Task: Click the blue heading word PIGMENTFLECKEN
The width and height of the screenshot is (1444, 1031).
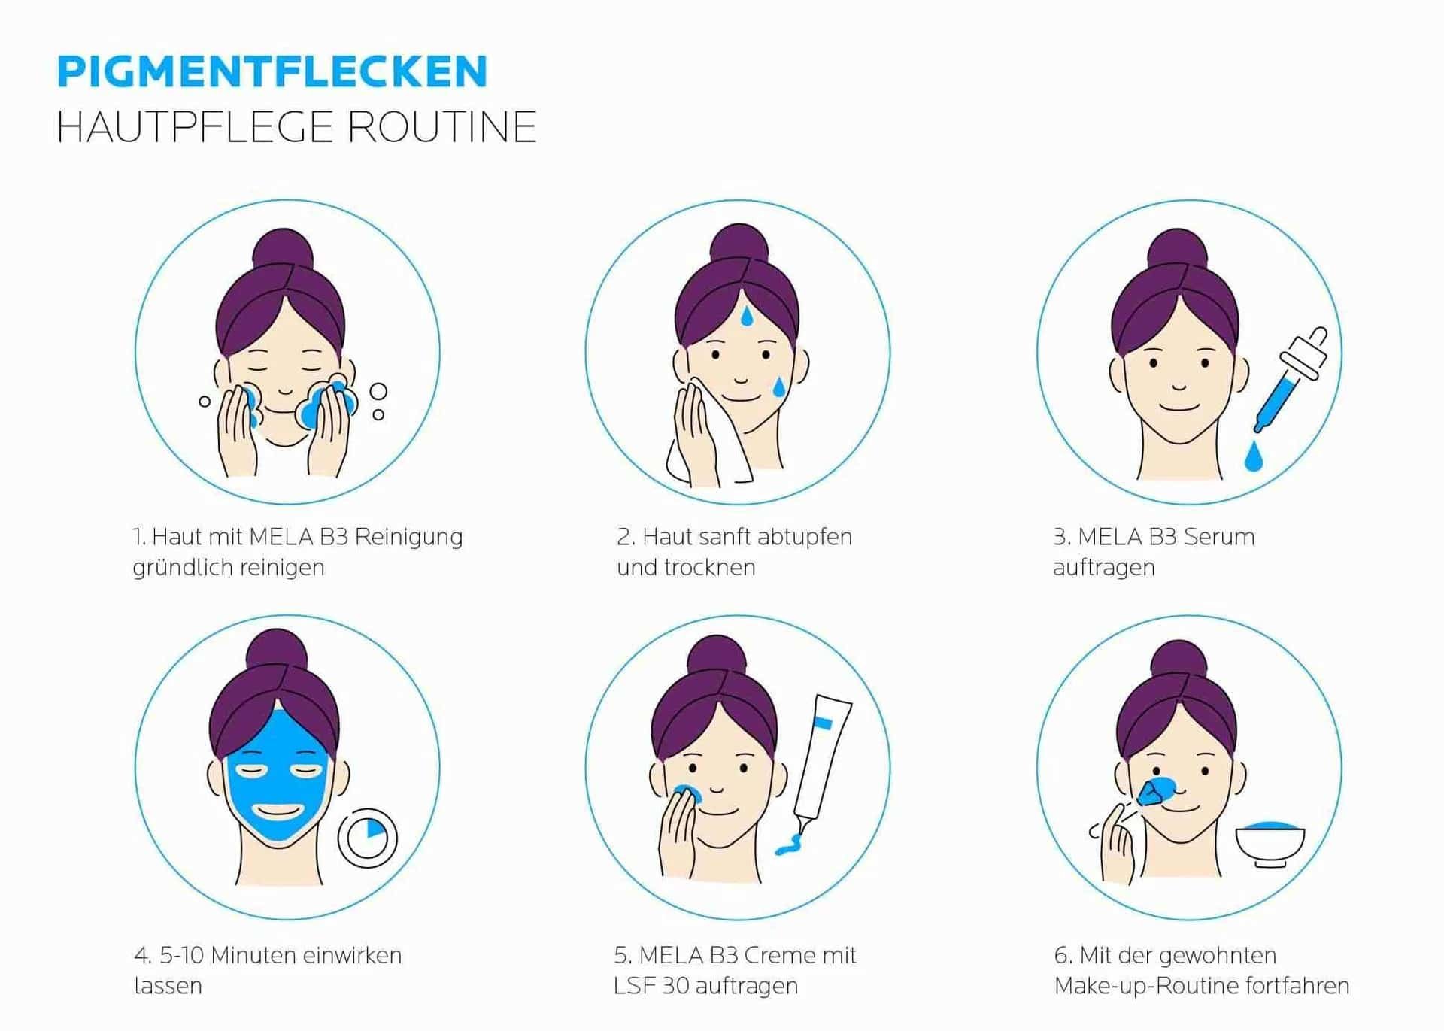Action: [x=272, y=71]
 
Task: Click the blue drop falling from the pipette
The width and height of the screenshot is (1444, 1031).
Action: [x=1253, y=457]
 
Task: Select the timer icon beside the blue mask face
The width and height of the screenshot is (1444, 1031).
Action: [x=367, y=837]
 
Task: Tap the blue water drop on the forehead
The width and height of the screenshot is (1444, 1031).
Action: [x=745, y=316]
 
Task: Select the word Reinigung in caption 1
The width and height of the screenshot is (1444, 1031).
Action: [x=408, y=537]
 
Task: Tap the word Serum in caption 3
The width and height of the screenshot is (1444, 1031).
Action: [x=1218, y=537]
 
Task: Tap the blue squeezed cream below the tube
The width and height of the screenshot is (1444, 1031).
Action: [x=789, y=846]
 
